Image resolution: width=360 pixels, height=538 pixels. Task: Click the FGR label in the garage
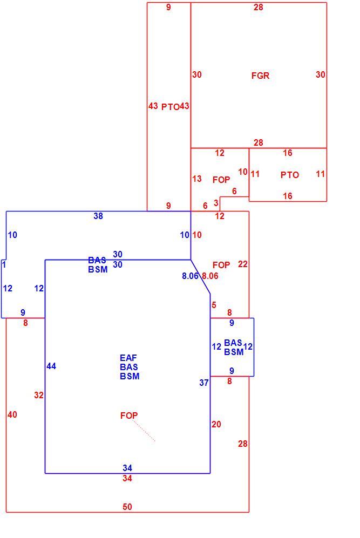(260, 76)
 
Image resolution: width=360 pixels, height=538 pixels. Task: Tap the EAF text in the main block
(128, 358)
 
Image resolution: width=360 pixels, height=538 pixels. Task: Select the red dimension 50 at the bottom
(127, 507)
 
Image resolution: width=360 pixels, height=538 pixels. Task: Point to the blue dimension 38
(98, 216)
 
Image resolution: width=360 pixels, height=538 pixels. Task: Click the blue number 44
(51, 366)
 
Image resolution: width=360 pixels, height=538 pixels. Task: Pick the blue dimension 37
(204, 383)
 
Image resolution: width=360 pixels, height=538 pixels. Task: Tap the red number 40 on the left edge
(12, 414)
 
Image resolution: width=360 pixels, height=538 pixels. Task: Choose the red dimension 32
(39, 395)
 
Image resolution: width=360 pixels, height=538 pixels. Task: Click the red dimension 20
(216, 425)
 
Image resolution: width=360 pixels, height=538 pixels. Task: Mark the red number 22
(243, 264)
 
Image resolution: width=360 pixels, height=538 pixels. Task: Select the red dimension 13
(196, 179)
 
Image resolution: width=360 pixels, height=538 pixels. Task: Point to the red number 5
(214, 305)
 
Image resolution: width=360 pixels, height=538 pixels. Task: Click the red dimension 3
(216, 203)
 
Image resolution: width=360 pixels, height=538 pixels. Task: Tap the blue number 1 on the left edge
(4, 264)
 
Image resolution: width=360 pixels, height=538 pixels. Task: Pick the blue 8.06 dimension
(190, 276)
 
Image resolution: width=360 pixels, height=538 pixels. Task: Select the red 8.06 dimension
(210, 276)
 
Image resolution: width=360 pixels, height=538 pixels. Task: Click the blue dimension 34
(127, 468)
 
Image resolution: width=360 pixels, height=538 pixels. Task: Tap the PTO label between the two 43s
(170, 107)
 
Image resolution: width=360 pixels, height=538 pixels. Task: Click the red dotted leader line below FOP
(144, 431)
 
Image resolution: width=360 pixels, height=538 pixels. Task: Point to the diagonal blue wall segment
(200, 276)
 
